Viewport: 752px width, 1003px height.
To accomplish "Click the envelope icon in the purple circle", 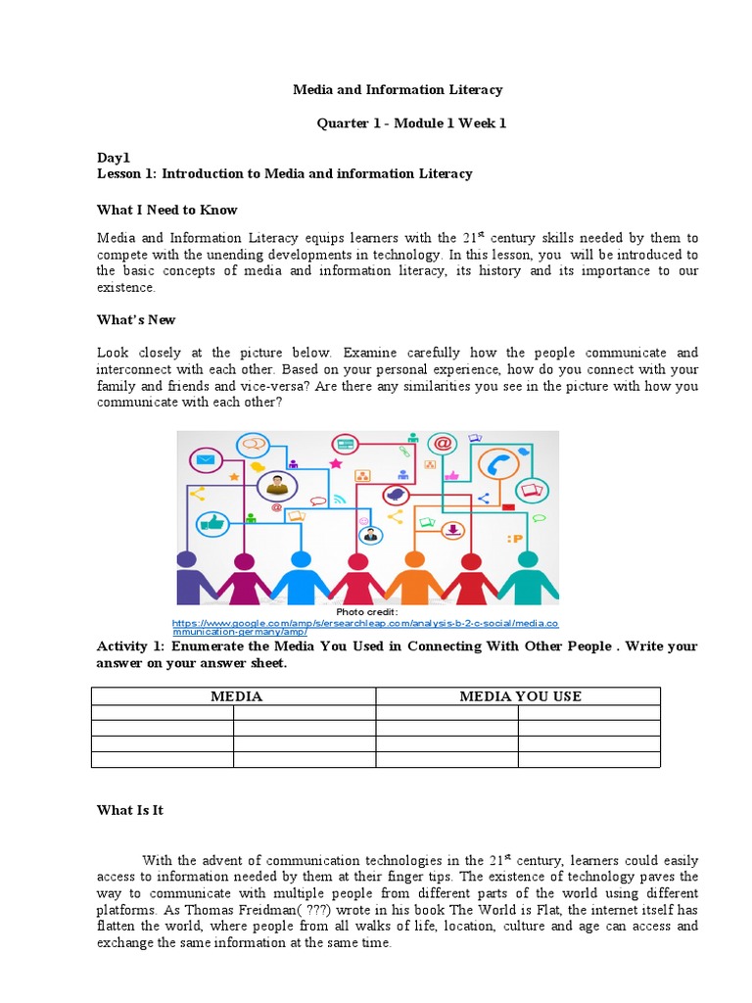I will [x=207, y=459].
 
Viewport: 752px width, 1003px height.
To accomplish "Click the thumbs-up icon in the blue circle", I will [x=212, y=523].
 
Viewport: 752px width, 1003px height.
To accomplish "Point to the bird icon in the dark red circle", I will [x=396, y=495].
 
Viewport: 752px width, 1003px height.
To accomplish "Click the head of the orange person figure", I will [x=415, y=560].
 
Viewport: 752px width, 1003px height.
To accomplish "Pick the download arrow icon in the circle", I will [x=452, y=530].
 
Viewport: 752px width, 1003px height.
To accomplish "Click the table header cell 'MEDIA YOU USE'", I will [x=520, y=696].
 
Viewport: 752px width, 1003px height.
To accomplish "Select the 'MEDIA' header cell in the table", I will [x=235, y=696].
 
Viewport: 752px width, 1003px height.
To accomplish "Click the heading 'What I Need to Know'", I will [x=166, y=210].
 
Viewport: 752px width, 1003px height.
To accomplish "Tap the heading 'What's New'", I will [x=136, y=319].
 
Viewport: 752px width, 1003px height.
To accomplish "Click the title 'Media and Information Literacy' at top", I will [x=398, y=89].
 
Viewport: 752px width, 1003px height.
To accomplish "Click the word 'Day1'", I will [x=113, y=157].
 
